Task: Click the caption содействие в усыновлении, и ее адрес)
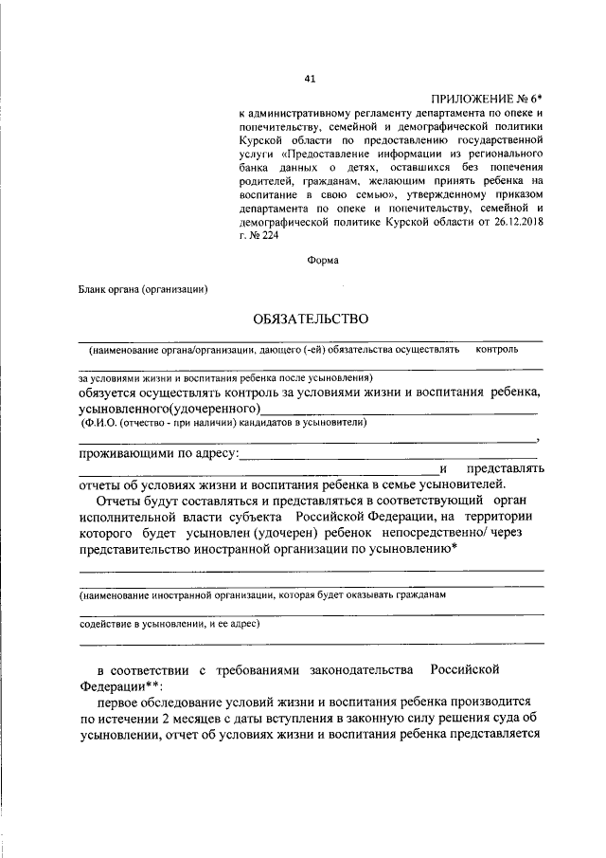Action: (169, 626)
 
